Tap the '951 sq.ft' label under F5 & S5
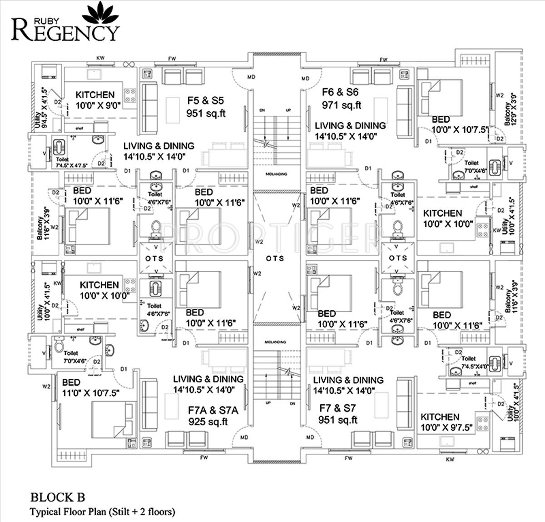[206, 113]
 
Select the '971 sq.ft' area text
[342, 105]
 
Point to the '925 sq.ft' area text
[208, 422]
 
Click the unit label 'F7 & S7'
[337, 408]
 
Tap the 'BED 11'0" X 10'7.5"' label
[90, 388]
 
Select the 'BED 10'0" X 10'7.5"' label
[458, 124]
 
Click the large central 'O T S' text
[275, 258]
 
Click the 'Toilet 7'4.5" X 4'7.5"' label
[69, 163]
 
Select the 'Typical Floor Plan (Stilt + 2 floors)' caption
[102, 512]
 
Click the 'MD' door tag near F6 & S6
[305, 79]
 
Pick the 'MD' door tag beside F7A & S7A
[244, 437]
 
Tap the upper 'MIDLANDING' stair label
[276, 174]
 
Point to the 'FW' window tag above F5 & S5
[172, 59]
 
